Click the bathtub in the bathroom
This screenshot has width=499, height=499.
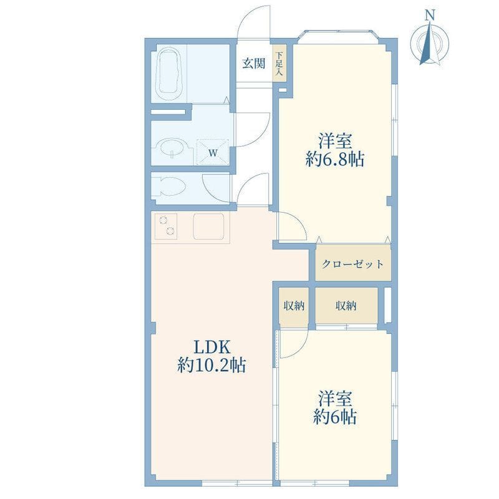point(169,74)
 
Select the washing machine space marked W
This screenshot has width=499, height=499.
point(213,152)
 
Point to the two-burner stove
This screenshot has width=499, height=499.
point(166,226)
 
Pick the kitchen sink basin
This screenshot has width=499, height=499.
point(209,226)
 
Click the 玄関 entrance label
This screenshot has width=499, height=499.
point(254,64)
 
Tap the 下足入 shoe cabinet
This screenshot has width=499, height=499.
point(279,64)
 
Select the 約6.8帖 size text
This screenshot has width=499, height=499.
point(335,159)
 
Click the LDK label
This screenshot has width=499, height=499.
point(212,347)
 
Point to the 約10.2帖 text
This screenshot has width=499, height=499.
point(211,365)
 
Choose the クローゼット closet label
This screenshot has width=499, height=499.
point(353,264)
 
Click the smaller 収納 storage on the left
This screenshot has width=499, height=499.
point(294,306)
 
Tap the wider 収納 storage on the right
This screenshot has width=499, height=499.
point(346,306)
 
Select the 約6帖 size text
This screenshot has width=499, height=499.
point(335,417)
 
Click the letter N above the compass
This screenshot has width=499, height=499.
point(430,15)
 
